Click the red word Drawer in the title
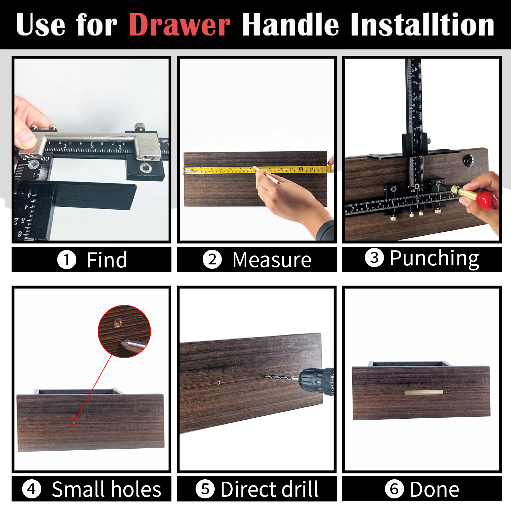pyautogui.click(x=180, y=25)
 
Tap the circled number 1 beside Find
pyautogui.click(x=66, y=260)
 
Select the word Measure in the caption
pyautogui.click(x=272, y=260)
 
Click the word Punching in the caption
pyautogui.click(x=434, y=258)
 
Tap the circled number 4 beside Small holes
pyautogui.click(x=31, y=489)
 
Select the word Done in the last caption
pyautogui.click(x=434, y=489)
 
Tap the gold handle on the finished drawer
pyautogui.click(x=423, y=392)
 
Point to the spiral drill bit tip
pyautogui.click(x=269, y=376)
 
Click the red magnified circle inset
pyautogui.click(x=124, y=331)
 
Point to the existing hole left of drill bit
pyautogui.click(x=219, y=383)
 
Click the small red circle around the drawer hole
pyautogui.click(x=73, y=422)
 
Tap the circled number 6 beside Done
pyautogui.click(x=394, y=489)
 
